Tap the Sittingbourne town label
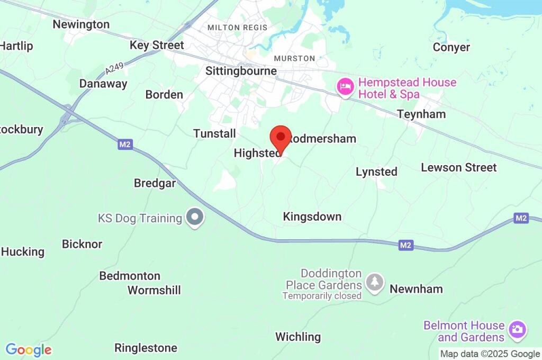(x=241, y=71)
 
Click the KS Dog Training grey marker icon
(x=195, y=217)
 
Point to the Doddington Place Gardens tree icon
(x=375, y=283)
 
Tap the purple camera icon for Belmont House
(x=517, y=330)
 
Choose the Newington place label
(x=81, y=24)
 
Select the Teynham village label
(x=421, y=114)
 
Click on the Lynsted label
(x=376, y=172)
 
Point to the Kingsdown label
(x=312, y=217)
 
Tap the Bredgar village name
(x=155, y=183)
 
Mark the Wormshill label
(x=154, y=290)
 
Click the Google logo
(x=29, y=350)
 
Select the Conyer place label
(x=451, y=47)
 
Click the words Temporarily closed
(x=321, y=296)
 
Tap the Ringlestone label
(x=146, y=348)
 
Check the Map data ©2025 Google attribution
(x=490, y=354)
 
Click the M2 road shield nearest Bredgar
(x=125, y=144)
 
